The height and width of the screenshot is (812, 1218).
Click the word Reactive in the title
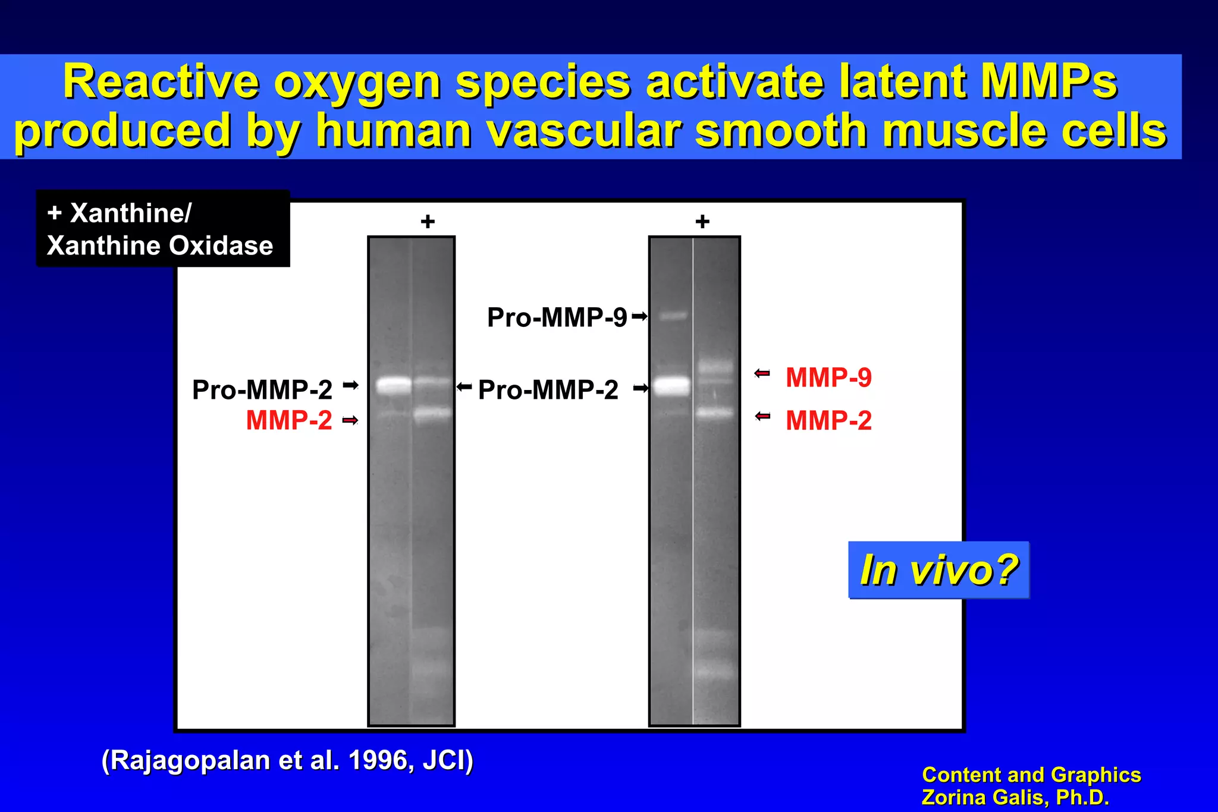pyautogui.click(x=161, y=82)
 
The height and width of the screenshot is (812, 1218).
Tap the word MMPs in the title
pyautogui.click(x=1049, y=82)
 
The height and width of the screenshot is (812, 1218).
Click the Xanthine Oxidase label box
pyautogui.click(x=162, y=229)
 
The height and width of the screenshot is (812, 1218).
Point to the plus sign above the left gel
pyautogui.click(x=428, y=222)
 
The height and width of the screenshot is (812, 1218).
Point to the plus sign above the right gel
pyautogui.click(x=702, y=222)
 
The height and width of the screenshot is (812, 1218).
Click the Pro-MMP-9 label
pyautogui.click(x=557, y=317)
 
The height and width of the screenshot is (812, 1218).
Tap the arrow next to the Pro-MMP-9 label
pyautogui.click(x=639, y=316)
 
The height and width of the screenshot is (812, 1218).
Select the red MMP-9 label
pyautogui.click(x=828, y=377)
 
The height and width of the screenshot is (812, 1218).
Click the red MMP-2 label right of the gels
pyautogui.click(x=828, y=421)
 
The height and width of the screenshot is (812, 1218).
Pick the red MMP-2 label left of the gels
pyautogui.click(x=289, y=421)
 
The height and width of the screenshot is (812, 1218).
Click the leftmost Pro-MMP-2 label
pyautogui.click(x=262, y=390)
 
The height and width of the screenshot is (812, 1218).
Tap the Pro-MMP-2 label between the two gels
pyautogui.click(x=548, y=390)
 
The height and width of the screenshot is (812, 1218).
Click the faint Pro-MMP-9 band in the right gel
pyautogui.click(x=673, y=316)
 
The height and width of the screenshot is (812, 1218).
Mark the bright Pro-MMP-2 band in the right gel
pyautogui.click(x=673, y=386)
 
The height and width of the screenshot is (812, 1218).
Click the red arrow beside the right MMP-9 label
pyautogui.click(x=762, y=373)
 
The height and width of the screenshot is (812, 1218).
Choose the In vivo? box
pyautogui.click(x=938, y=570)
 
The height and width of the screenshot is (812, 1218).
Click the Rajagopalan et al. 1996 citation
pyautogui.click(x=287, y=760)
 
